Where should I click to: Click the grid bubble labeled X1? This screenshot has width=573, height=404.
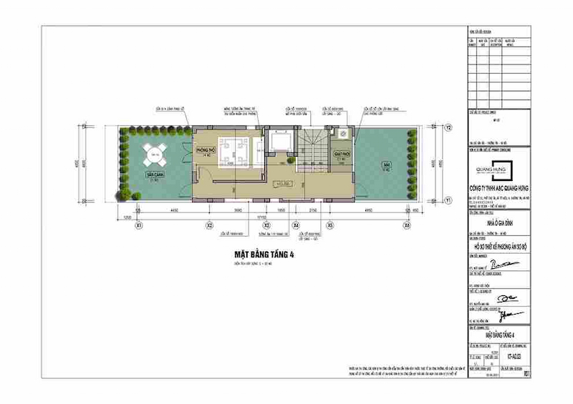pos(138,225)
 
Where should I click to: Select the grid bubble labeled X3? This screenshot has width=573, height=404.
pos(266,225)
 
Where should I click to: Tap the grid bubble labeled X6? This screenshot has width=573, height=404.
pos(406,225)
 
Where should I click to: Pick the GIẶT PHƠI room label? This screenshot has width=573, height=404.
pos(341,153)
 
